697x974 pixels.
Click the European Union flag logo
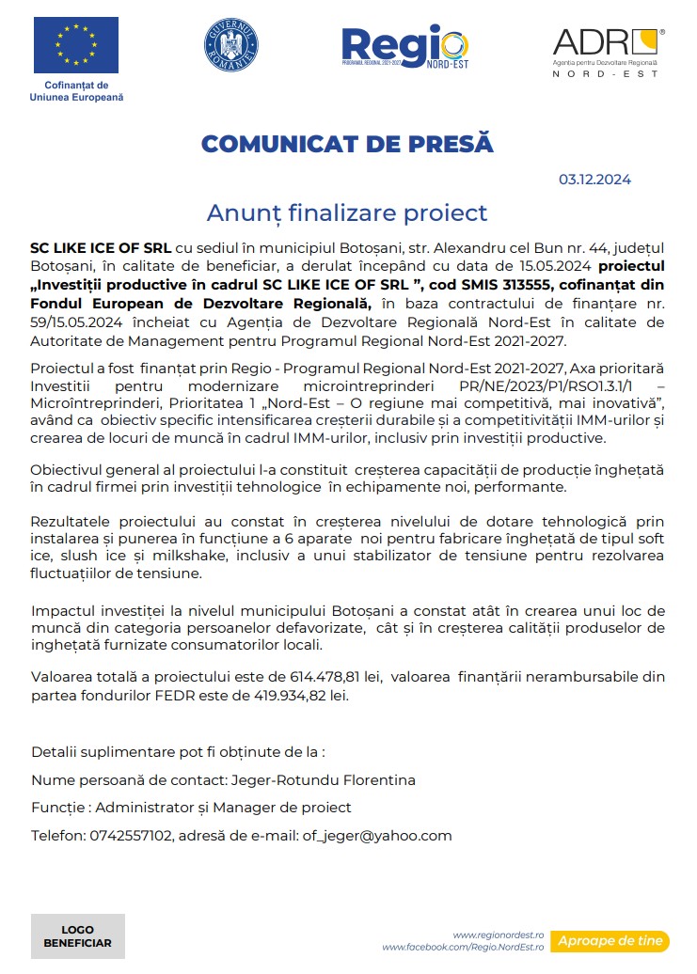[76, 45]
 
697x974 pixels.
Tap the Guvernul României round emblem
[230, 42]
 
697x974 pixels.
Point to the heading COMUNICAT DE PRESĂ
[347, 144]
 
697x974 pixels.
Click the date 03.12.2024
[594, 180]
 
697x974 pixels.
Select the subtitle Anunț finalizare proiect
[347, 212]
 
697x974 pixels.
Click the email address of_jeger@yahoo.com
[376, 835]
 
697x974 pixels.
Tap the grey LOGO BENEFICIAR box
[77, 936]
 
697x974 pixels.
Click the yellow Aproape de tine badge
[610, 940]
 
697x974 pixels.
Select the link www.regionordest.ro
[499, 935]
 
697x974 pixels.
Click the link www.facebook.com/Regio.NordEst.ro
[463, 947]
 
